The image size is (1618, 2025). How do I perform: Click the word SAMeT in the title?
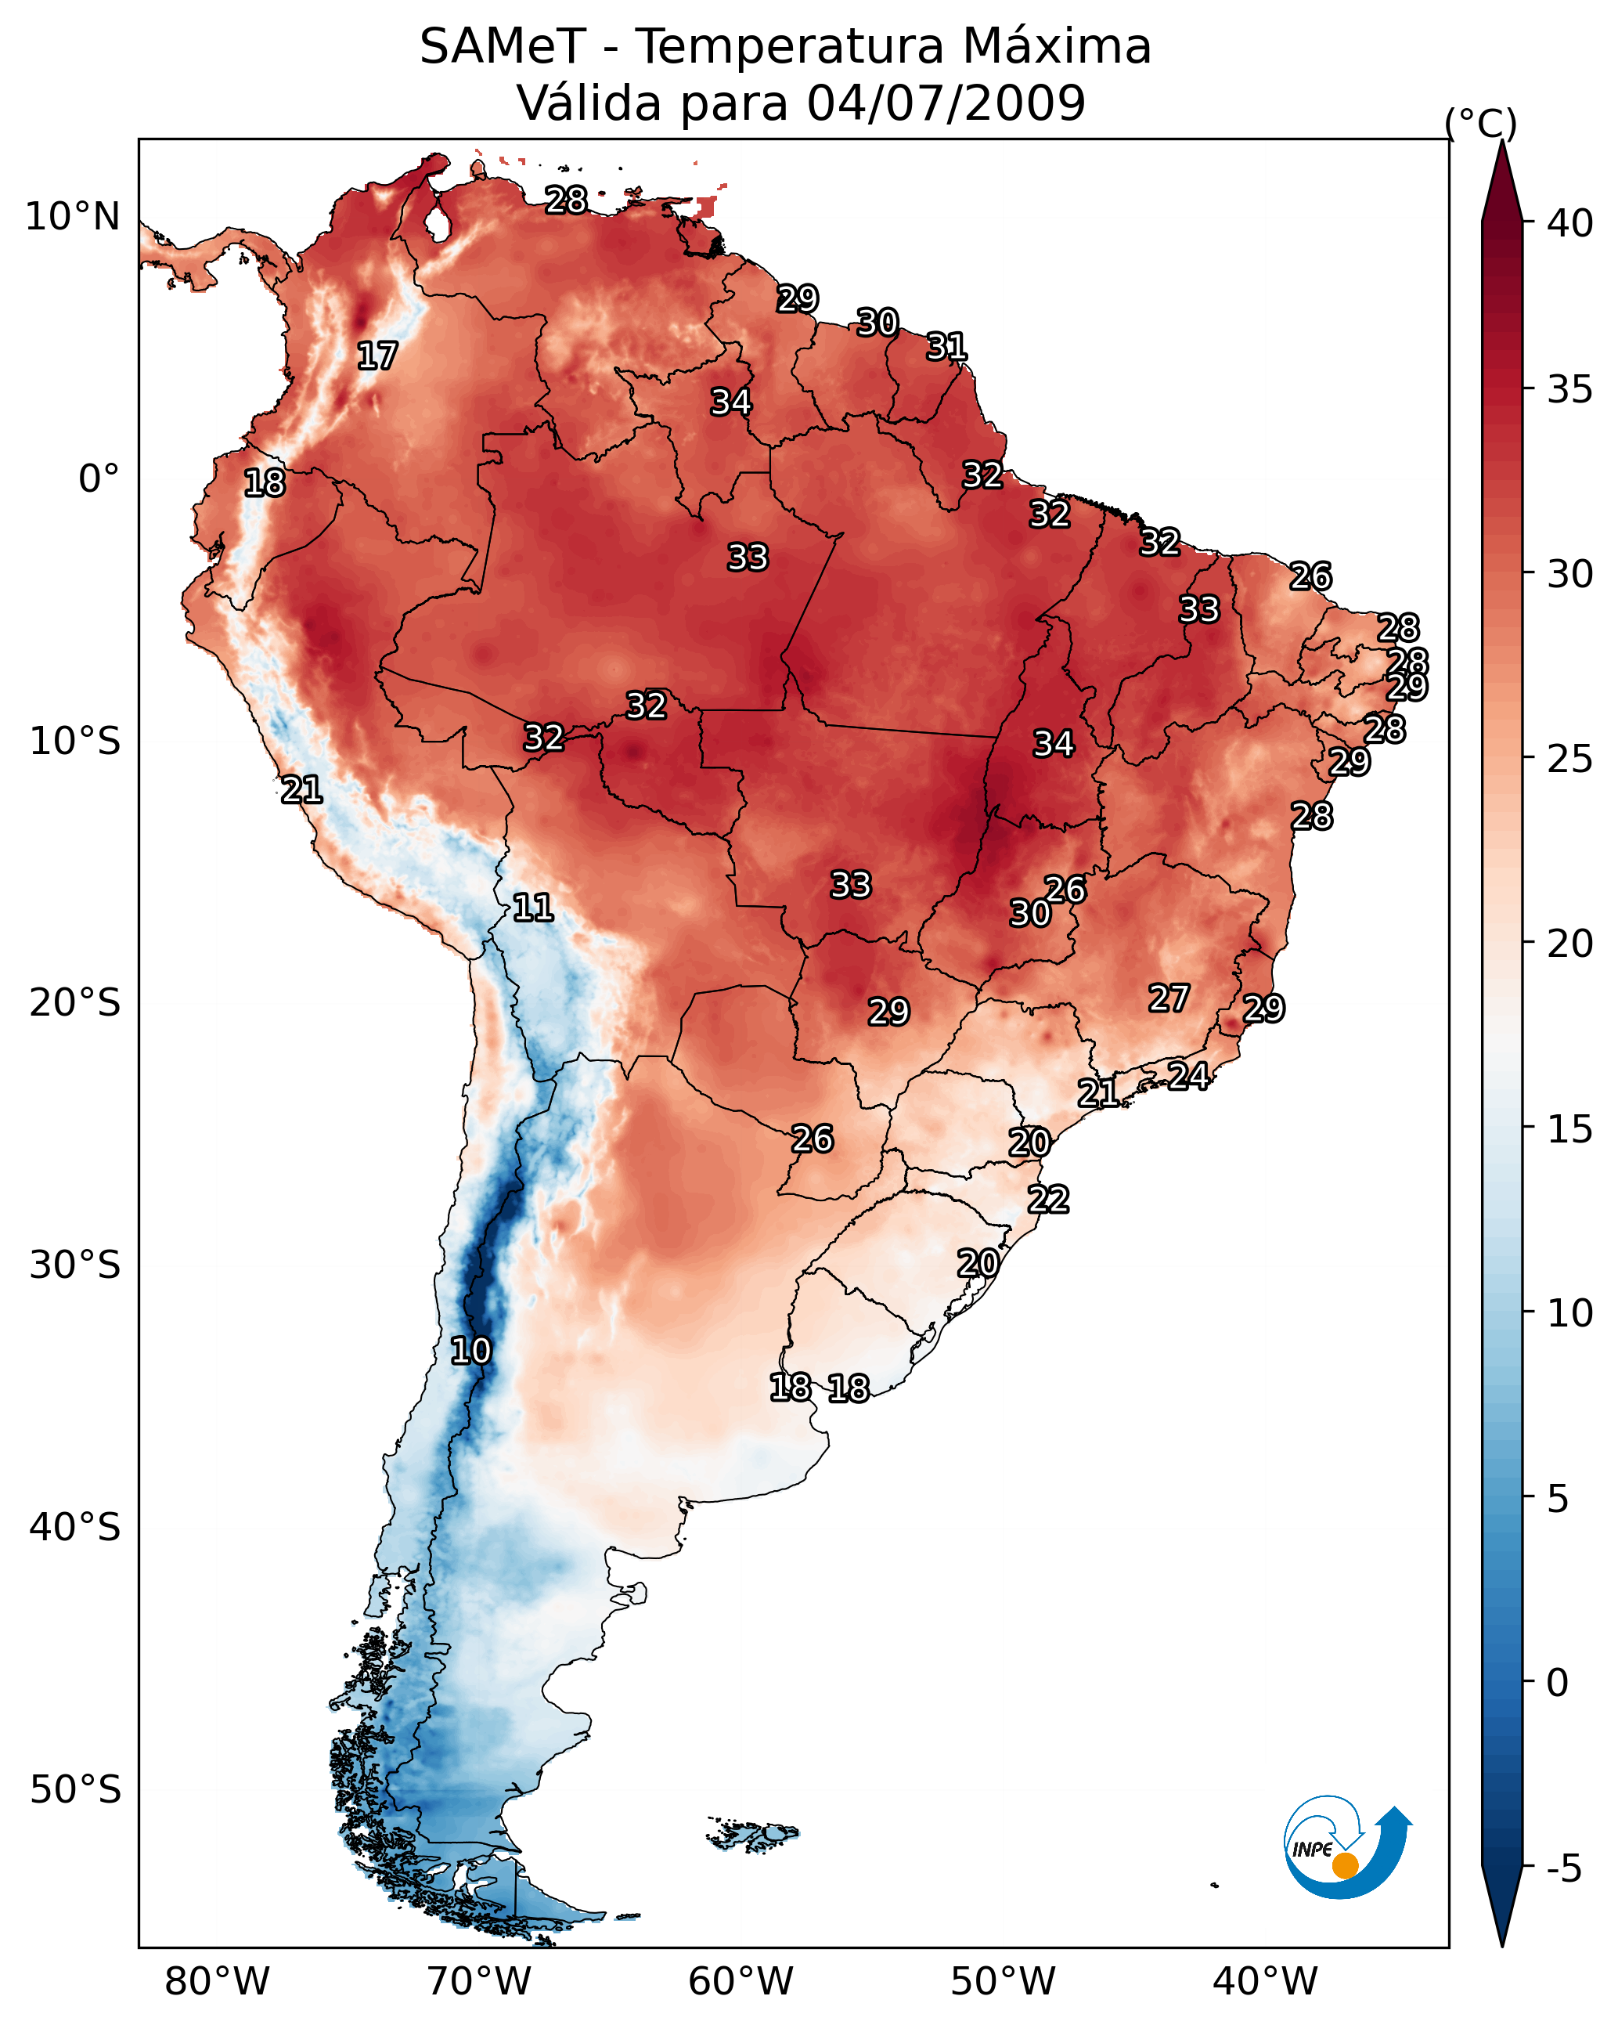pos(502,47)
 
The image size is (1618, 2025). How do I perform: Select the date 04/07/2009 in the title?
pos(946,103)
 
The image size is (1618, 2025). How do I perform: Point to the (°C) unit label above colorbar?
pos(1480,123)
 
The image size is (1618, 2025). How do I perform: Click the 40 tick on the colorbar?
pos(1570,223)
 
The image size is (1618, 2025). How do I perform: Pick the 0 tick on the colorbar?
pos(1557,1683)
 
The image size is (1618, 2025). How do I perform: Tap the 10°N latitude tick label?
pos(72,217)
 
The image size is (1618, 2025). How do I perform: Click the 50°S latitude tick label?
pos(75,1790)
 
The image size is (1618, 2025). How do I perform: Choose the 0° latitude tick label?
pos(99,479)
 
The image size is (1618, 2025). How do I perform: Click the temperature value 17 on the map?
pos(377,356)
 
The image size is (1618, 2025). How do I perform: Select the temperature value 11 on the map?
pos(532,908)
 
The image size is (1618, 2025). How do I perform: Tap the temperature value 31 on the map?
pos(946,347)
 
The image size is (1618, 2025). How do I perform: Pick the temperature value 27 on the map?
pos(1169,998)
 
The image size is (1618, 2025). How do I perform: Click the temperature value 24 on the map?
pos(1188,1075)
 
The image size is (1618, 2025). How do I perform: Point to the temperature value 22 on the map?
pos(1048,1200)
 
